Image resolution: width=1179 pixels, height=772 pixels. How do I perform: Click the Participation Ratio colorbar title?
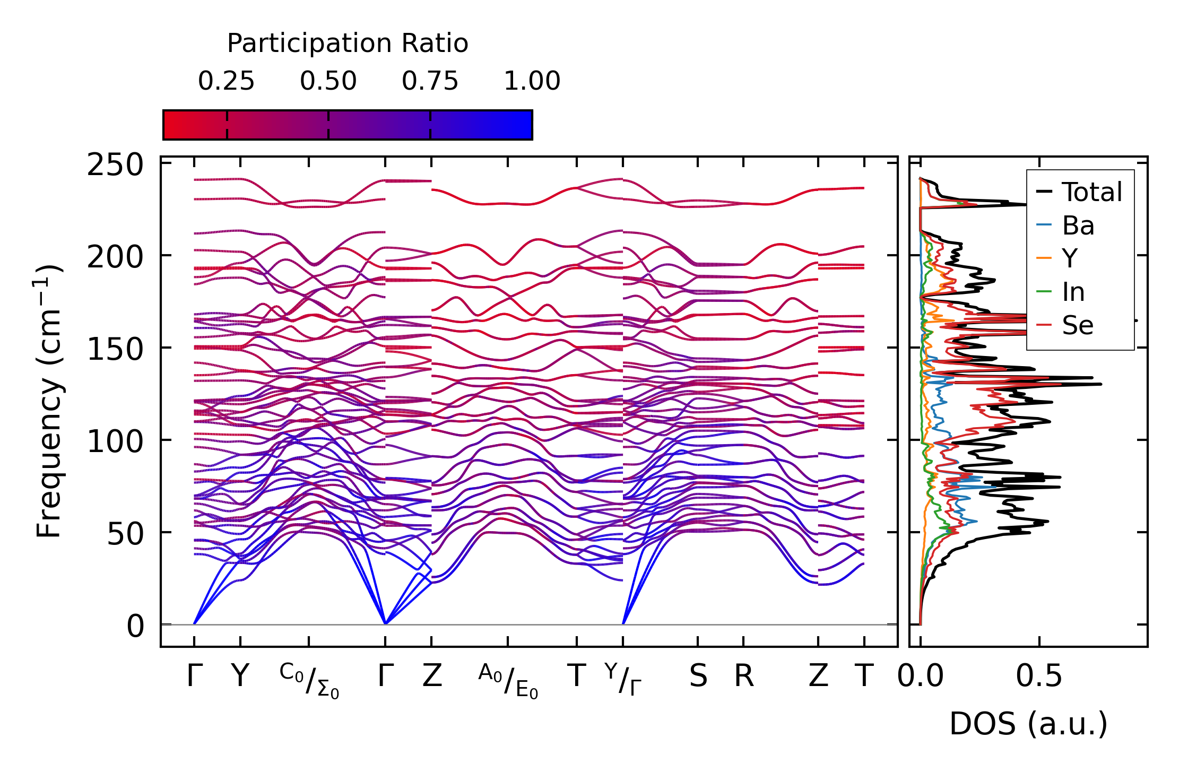[x=348, y=44]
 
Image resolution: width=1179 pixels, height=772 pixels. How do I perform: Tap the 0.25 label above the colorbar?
[x=227, y=81]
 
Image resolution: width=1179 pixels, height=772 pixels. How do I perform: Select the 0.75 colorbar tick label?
[x=430, y=81]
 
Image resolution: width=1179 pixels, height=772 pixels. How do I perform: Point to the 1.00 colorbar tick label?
[x=532, y=81]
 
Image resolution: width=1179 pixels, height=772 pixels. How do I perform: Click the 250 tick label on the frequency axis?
[x=115, y=165]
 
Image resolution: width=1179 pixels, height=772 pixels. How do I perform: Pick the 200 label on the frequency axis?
[x=115, y=258]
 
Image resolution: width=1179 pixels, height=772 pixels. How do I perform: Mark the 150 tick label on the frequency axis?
[x=115, y=350]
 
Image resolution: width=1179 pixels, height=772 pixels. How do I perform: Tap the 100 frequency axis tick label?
[x=115, y=442]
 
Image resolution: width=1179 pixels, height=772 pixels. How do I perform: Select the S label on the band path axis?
[x=698, y=676]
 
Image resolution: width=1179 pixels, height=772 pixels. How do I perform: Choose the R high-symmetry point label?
[x=744, y=676]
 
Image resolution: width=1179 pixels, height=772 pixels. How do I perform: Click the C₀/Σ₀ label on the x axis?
[x=309, y=681]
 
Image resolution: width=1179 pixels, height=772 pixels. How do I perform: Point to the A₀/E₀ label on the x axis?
[x=508, y=681]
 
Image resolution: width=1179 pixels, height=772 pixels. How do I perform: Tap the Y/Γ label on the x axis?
[x=623, y=679]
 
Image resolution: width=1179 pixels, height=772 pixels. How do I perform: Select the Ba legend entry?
[x=1078, y=225]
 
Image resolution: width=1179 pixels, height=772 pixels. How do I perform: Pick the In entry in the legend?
[x=1073, y=292]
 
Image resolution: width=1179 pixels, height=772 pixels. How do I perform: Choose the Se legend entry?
[x=1077, y=325]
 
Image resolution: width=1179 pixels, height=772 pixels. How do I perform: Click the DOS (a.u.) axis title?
[x=1028, y=724]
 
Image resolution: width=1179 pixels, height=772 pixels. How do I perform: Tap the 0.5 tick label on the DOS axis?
[x=1039, y=676]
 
